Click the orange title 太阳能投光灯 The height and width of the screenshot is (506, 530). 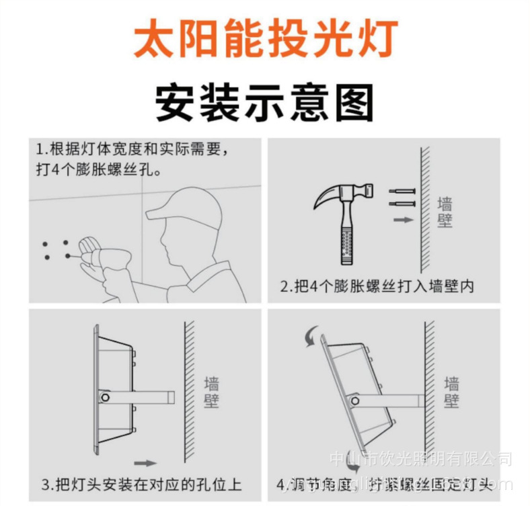(x=265, y=38)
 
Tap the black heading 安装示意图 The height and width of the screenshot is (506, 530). (x=264, y=102)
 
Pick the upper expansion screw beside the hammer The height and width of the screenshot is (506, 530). (x=402, y=192)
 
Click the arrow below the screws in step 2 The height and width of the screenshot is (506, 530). (x=402, y=219)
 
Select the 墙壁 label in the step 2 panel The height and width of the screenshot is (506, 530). (x=445, y=212)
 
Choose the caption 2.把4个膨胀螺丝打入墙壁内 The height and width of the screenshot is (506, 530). (x=377, y=286)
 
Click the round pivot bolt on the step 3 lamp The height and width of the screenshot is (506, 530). (x=104, y=398)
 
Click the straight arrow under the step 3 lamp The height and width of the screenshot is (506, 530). (x=145, y=462)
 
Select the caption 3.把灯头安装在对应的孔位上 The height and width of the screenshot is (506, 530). (x=141, y=484)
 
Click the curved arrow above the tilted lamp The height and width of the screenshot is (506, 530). (x=311, y=337)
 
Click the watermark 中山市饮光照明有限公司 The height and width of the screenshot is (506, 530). (x=421, y=460)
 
